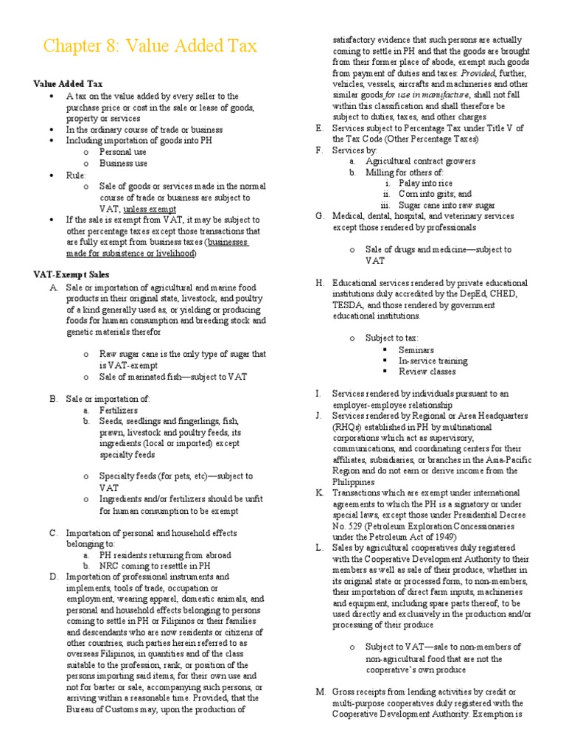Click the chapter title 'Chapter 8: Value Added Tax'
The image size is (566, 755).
(150, 46)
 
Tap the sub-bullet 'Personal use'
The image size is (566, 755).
(123, 151)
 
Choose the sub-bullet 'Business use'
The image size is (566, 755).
(123, 162)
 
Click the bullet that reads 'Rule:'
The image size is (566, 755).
(76, 175)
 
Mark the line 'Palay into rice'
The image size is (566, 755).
(426, 183)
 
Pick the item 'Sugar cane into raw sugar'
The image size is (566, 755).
(447, 205)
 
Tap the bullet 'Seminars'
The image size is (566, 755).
(416, 349)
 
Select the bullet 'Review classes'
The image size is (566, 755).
(427, 371)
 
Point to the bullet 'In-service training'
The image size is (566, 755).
(433, 361)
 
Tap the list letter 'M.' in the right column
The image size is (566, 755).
(320, 692)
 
